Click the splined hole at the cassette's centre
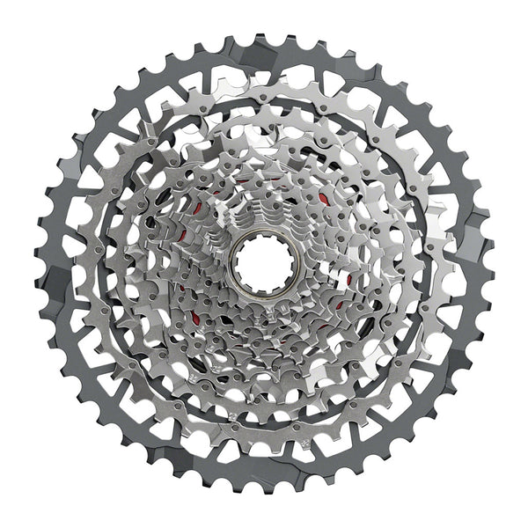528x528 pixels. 262,263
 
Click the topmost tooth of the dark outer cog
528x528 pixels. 264,39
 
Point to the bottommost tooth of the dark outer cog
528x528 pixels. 264,489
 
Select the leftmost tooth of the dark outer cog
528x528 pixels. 38,264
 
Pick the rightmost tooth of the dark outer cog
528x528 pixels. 490,264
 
